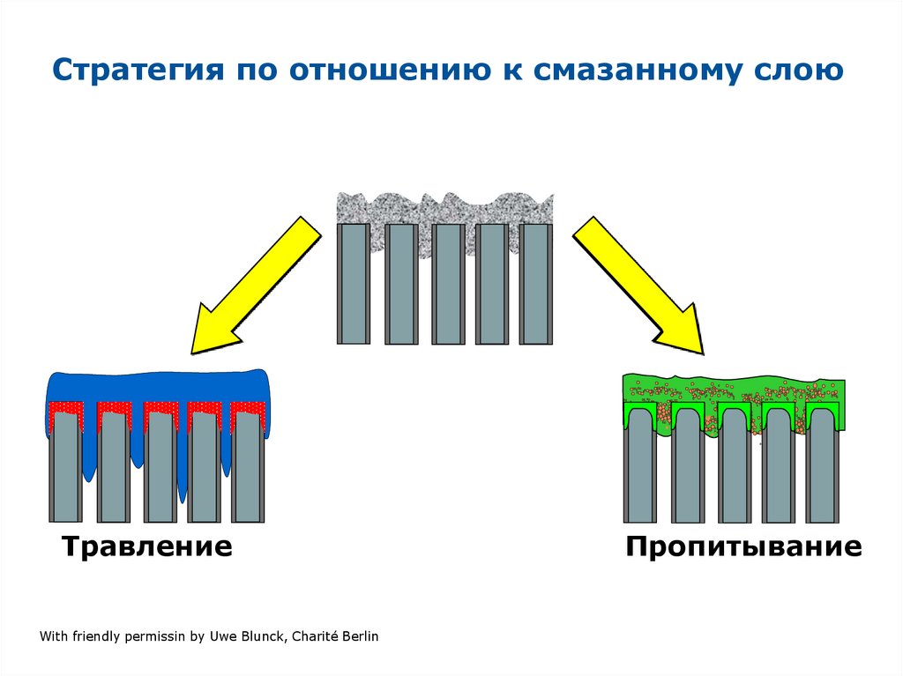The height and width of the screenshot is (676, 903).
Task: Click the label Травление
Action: (147, 546)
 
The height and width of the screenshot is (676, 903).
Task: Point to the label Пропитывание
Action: (743, 546)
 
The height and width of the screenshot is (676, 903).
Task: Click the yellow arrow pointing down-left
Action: (251, 287)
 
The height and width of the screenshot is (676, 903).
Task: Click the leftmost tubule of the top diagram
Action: (354, 284)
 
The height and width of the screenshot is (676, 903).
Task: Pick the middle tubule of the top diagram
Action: (447, 284)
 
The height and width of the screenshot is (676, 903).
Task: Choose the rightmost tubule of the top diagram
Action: (536, 284)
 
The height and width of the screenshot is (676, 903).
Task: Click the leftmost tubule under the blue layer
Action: (65, 472)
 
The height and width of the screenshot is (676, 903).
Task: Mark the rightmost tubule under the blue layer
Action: (248, 472)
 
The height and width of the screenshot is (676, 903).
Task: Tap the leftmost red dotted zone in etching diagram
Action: (65, 409)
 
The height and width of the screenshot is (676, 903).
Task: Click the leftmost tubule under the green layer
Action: (640, 476)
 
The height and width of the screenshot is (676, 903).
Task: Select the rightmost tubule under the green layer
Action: (823, 476)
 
